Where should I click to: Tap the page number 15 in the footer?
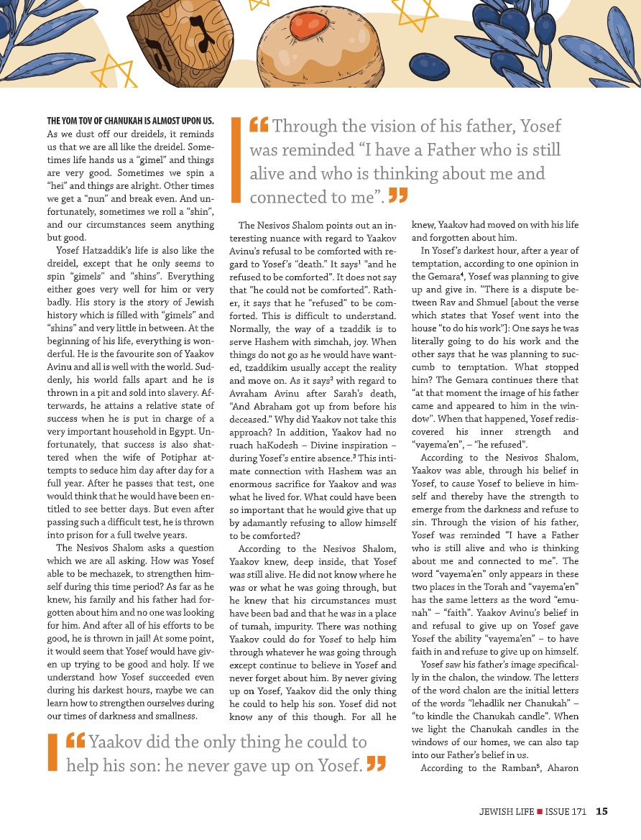click(x=601, y=812)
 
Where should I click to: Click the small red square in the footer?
click(x=539, y=812)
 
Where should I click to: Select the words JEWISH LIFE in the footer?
click(x=507, y=812)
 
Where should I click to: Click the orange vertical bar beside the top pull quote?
click(x=235, y=160)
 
